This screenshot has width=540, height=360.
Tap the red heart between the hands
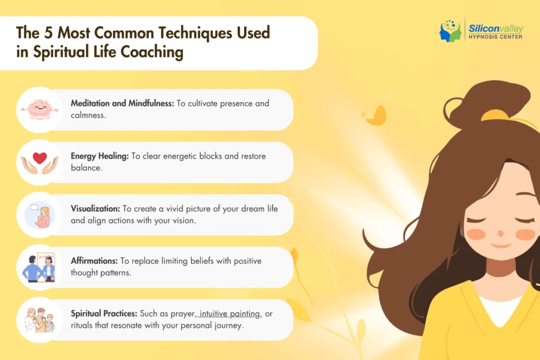(x=40, y=158)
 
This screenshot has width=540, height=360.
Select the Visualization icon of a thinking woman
(x=40, y=215)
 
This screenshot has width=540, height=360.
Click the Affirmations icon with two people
(x=40, y=267)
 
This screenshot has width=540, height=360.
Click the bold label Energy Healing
(x=100, y=156)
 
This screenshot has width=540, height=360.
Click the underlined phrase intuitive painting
(x=230, y=314)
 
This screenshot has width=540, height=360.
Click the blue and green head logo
(x=450, y=31)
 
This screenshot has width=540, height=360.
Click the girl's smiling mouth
(x=500, y=245)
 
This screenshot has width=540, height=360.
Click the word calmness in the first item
(x=88, y=114)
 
